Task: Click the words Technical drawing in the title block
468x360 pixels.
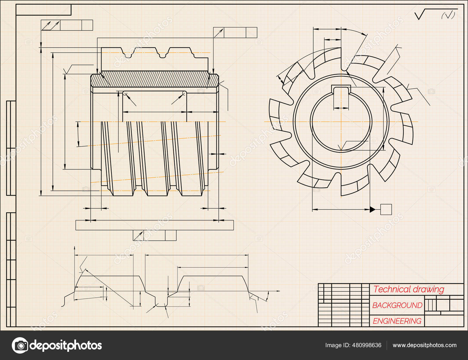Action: [x=409, y=289]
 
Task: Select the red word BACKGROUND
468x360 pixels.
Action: [x=397, y=305]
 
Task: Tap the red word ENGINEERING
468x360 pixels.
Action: [x=397, y=321]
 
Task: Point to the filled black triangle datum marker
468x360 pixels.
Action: [x=372, y=209]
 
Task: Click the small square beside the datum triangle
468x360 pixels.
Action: [x=386, y=209]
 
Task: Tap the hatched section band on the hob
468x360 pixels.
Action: [x=154, y=79]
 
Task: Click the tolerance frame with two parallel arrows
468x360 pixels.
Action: [x=67, y=25]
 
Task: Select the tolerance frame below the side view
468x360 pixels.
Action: [x=154, y=235]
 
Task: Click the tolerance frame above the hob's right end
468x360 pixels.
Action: [x=235, y=32]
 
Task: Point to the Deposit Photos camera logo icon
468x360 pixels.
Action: [x=20, y=345]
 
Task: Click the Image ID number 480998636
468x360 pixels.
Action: [x=367, y=345]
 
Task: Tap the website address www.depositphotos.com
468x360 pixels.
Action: [x=424, y=345]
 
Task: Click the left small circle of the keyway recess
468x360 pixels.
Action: [x=125, y=94]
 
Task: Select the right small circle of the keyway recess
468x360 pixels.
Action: [x=184, y=93]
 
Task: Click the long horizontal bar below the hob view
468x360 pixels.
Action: [x=154, y=225]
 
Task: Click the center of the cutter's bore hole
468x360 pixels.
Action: [x=341, y=122]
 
